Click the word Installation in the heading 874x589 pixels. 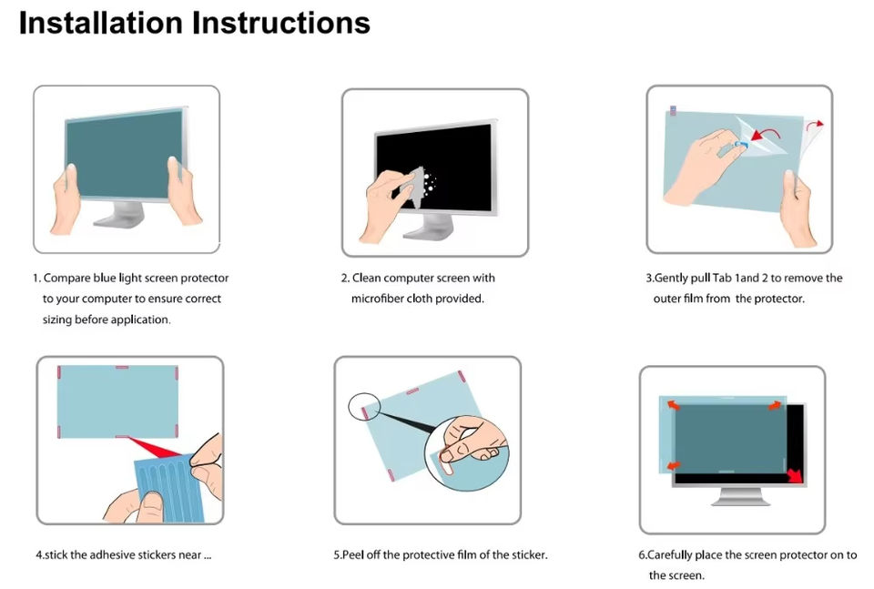[x=101, y=23]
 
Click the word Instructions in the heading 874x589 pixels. [x=281, y=23]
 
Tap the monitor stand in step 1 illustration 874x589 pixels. [x=121, y=215]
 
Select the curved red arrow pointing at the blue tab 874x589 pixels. [x=766, y=133]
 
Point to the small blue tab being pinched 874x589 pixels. [x=741, y=145]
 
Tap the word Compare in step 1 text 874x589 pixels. [x=66, y=278]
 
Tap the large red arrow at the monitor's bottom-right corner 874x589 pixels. [x=795, y=475]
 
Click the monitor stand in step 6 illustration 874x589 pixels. [x=741, y=495]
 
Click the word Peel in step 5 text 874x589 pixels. [x=352, y=555]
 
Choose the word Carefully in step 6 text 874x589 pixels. [x=669, y=555]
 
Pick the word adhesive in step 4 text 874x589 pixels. [x=112, y=555]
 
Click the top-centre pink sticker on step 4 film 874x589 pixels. [x=121, y=367]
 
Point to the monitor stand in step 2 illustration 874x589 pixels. [x=429, y=228]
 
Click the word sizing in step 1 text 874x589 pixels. [x=57, y=320]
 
